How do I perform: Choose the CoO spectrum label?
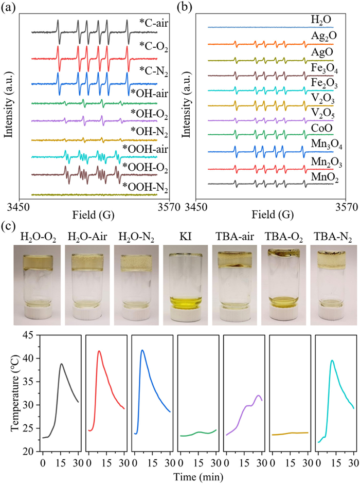click(321, 126)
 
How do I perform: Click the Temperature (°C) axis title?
click(11, 394)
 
